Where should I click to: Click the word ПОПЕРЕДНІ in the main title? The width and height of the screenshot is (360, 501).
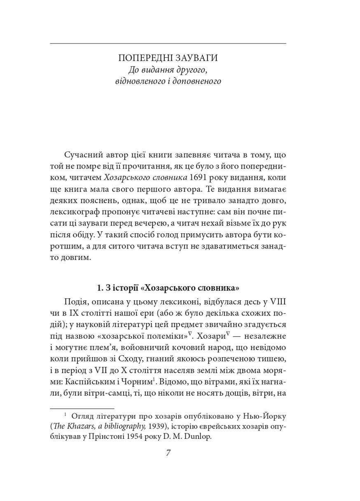(144, 57)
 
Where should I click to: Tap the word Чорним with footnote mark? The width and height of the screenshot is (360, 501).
(139, 382)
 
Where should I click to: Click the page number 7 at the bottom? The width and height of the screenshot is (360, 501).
(168, 453)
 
